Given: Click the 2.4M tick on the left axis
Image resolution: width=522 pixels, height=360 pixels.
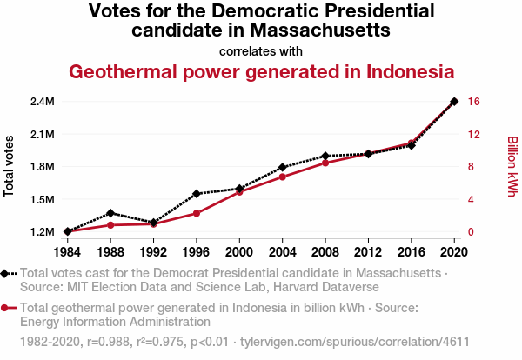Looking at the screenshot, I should (x=43, y=102).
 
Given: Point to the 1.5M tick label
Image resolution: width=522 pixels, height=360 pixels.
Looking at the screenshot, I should (x=43, y=199).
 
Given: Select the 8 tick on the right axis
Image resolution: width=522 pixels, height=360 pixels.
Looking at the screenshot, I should (x=470, y=167).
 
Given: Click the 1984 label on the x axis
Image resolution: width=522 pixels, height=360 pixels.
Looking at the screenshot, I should (x=67, y=251).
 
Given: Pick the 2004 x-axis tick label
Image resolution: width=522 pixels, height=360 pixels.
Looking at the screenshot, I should (x=282, y=251).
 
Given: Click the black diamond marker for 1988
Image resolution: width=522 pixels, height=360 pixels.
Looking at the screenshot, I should (x=110, y=212).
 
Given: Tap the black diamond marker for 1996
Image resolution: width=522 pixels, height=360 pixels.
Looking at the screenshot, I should (x=197, y=193).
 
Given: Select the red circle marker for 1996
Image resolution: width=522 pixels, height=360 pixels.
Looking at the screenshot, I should (x=197, y=213).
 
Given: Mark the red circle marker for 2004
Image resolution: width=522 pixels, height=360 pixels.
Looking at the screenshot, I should (x=283, y=177).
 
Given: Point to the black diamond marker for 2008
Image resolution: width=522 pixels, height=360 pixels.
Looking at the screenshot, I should (x=325, y=156).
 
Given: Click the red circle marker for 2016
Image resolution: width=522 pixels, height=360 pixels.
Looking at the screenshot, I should (x=412, y=143).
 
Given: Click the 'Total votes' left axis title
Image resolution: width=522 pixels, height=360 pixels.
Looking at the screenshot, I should (x=10, y=166).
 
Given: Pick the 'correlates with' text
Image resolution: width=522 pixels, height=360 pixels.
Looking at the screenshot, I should (x=261, y=51).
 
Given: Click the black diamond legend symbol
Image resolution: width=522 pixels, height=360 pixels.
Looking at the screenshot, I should (x=6, y=273).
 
